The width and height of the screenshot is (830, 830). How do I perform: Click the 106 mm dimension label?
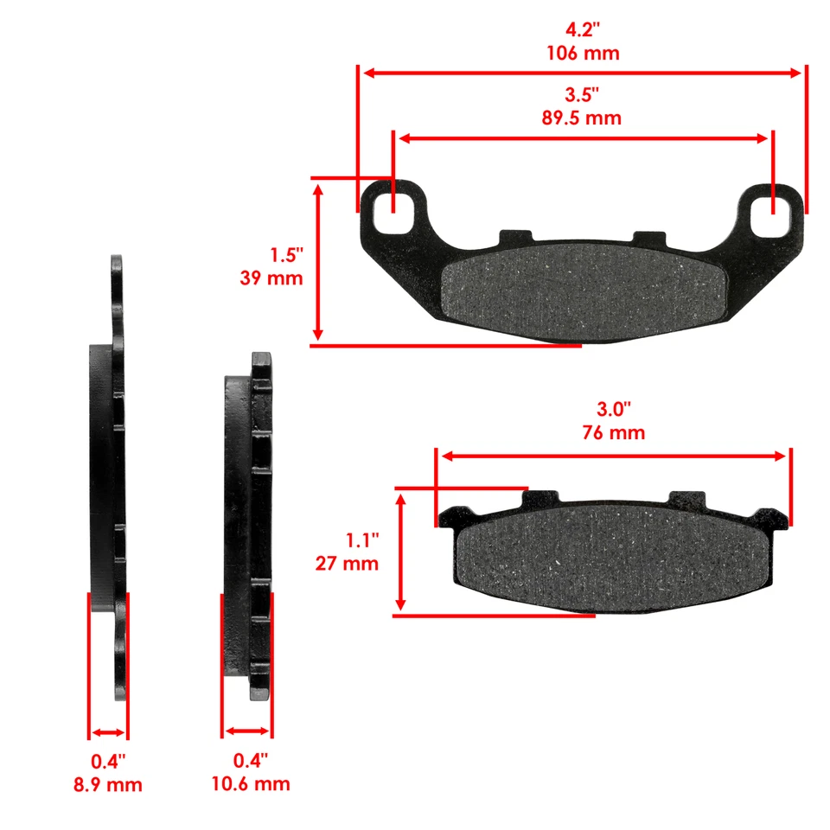point(583,53)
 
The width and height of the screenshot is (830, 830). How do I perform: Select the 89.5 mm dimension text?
point(581,118)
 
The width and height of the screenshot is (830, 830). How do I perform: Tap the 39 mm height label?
point(271,278)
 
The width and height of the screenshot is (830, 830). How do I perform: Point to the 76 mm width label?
point(613,432)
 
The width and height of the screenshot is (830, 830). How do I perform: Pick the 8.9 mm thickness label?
point(108,784)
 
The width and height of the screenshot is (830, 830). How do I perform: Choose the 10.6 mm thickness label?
point(251,784)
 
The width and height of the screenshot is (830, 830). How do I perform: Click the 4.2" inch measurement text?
point(583,29)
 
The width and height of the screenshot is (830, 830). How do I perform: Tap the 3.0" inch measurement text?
point(614,407)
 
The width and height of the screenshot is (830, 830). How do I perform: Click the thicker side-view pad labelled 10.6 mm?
point(251,527)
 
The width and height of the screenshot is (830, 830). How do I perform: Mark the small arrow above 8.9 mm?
point(108,732)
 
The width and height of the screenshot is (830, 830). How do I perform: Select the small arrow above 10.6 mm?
point(247,732)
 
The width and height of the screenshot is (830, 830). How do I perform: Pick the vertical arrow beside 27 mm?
point(400,552)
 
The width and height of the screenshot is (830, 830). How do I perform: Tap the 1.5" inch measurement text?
point(286,256)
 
